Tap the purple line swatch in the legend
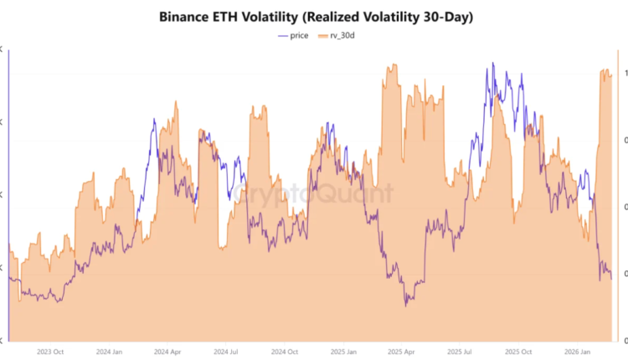(281, 35)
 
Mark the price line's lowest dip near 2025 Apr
(406, 306)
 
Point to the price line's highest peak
(492, 63)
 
